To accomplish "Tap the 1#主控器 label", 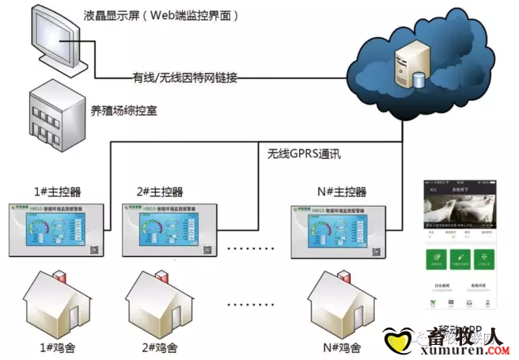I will (x=56, y=192).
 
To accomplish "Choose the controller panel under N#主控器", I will (x=339, y=230).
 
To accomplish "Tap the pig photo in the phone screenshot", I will (x=460, y=212).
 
